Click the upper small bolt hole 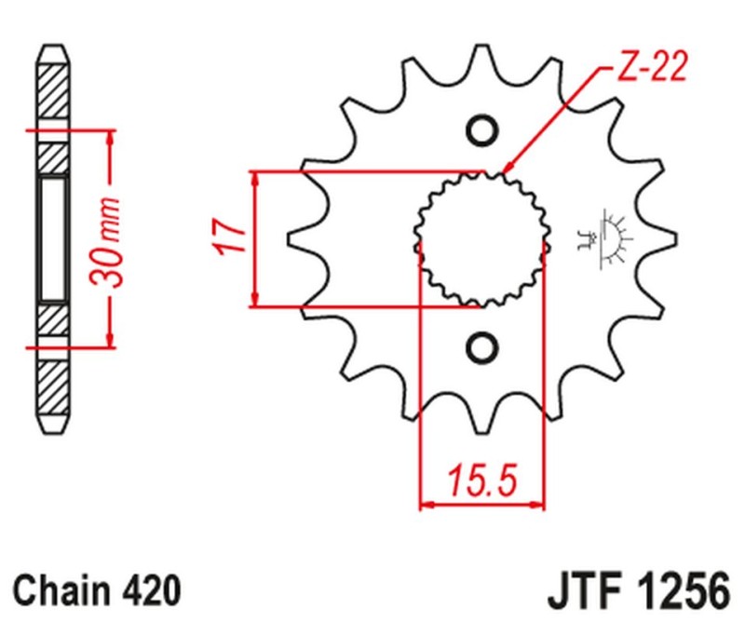click(x=482, y=131)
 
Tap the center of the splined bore click(x=481, y=239)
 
